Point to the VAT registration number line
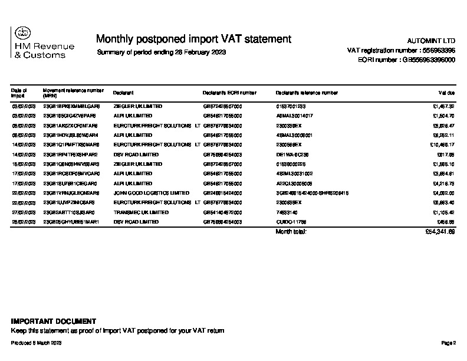click(x=401, y=51)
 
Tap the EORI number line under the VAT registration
click(x=406, y=60)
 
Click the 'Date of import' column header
click(x=19, y=93)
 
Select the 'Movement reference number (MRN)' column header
click(x=73, y=93)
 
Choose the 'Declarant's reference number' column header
click(x=307, y=93)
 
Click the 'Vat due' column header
click(x=446, y=93)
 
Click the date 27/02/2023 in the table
click(x=24, y=212)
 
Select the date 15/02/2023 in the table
click(x=24, y=163)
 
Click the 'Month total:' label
click(x=291, y=232)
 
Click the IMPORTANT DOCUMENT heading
click(x=53, y=321)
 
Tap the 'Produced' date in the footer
click(x=37, y=343)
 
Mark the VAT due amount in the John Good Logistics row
click(x=442, y=192)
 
